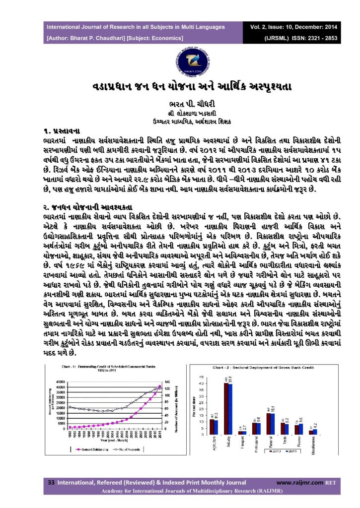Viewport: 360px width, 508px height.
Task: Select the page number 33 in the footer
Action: (50, 482)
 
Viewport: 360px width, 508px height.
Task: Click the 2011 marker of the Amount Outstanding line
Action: (159, 387)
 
